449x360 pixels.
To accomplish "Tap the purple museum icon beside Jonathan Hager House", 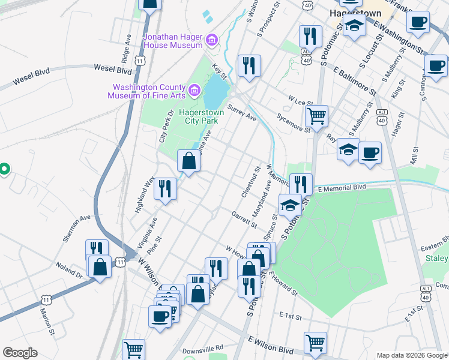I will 211,41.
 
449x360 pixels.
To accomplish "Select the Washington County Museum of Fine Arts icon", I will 194,91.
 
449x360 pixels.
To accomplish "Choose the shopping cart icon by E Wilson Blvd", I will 315,342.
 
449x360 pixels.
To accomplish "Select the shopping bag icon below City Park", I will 188,161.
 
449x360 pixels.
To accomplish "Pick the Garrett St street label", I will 244,220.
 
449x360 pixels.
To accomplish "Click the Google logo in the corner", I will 20,353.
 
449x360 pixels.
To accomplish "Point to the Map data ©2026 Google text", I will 411,355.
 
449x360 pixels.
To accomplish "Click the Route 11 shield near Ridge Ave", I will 140,61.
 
